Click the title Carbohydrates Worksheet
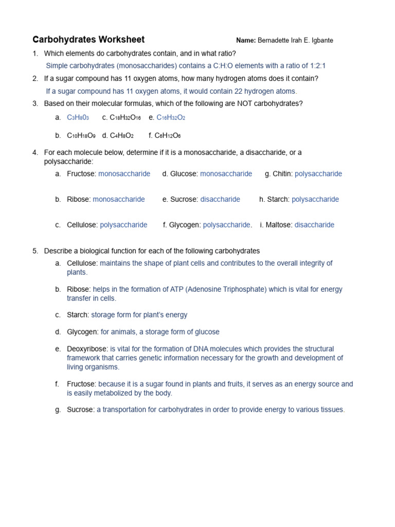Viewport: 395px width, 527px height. tap(88, 40)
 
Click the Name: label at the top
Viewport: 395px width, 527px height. tap(245, 41)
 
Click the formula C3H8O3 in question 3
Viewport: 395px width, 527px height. tap(78, 118)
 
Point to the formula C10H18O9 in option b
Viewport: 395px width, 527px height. tap(81, 136)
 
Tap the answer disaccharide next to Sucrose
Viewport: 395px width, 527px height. tap(220, 200)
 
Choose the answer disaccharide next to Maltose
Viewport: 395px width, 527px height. tap(314, 225)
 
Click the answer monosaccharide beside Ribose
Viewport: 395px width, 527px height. tap(119, 200)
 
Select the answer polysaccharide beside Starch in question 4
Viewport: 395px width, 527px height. tap(315, 200)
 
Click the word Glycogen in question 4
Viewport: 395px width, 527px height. tap(185, 225)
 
